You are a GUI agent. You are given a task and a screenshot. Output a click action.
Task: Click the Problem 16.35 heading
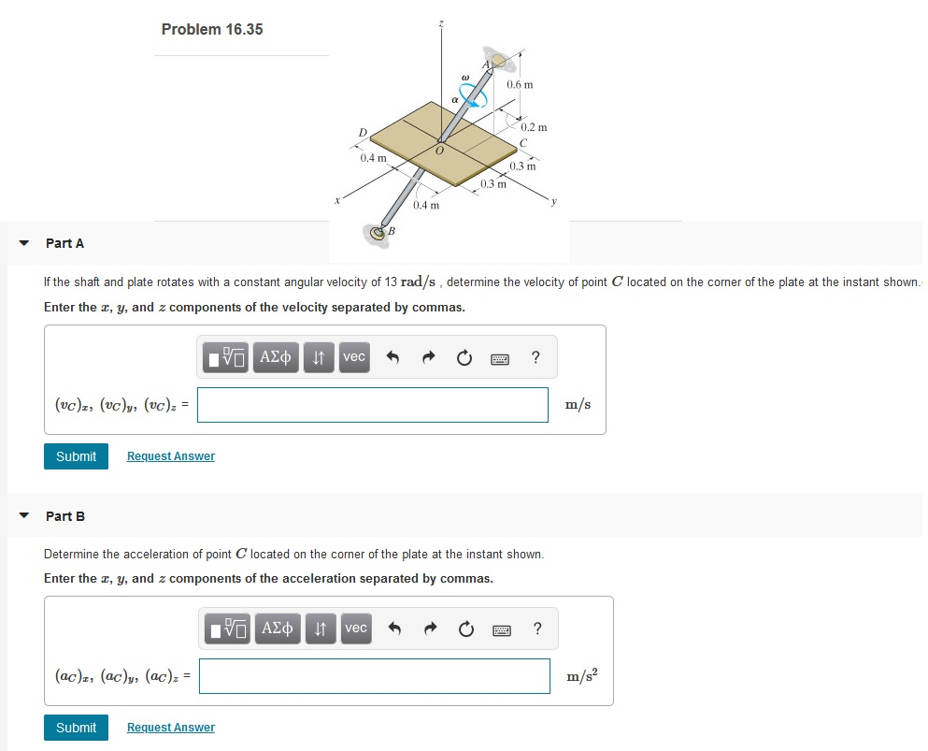(212, 29)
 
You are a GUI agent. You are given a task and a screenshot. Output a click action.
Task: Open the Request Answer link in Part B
(170, 728)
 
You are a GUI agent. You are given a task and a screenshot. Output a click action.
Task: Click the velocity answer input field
(372, 405)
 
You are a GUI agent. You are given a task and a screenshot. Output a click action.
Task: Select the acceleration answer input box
(374, 676)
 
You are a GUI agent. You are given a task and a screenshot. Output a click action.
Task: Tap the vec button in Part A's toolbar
(354, 357)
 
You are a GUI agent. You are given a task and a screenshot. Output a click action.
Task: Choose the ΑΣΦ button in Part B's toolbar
(278, 628)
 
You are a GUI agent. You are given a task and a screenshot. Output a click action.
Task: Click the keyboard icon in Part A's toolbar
(501, 357)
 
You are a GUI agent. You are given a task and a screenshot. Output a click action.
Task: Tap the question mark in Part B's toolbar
(536, 628)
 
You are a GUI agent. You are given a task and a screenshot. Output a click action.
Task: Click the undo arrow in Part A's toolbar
(393, 357)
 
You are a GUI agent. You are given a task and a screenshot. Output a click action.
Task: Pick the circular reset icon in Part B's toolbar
(466, 628)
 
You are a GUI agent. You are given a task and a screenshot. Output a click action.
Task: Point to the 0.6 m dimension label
(520, 85)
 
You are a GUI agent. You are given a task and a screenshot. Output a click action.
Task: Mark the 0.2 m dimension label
(534, 127)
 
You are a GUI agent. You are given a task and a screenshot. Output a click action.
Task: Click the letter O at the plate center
(438, 150)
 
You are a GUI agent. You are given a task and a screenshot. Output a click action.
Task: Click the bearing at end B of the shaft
(378, 233)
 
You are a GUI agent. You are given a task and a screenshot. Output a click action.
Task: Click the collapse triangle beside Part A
(23, 243)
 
